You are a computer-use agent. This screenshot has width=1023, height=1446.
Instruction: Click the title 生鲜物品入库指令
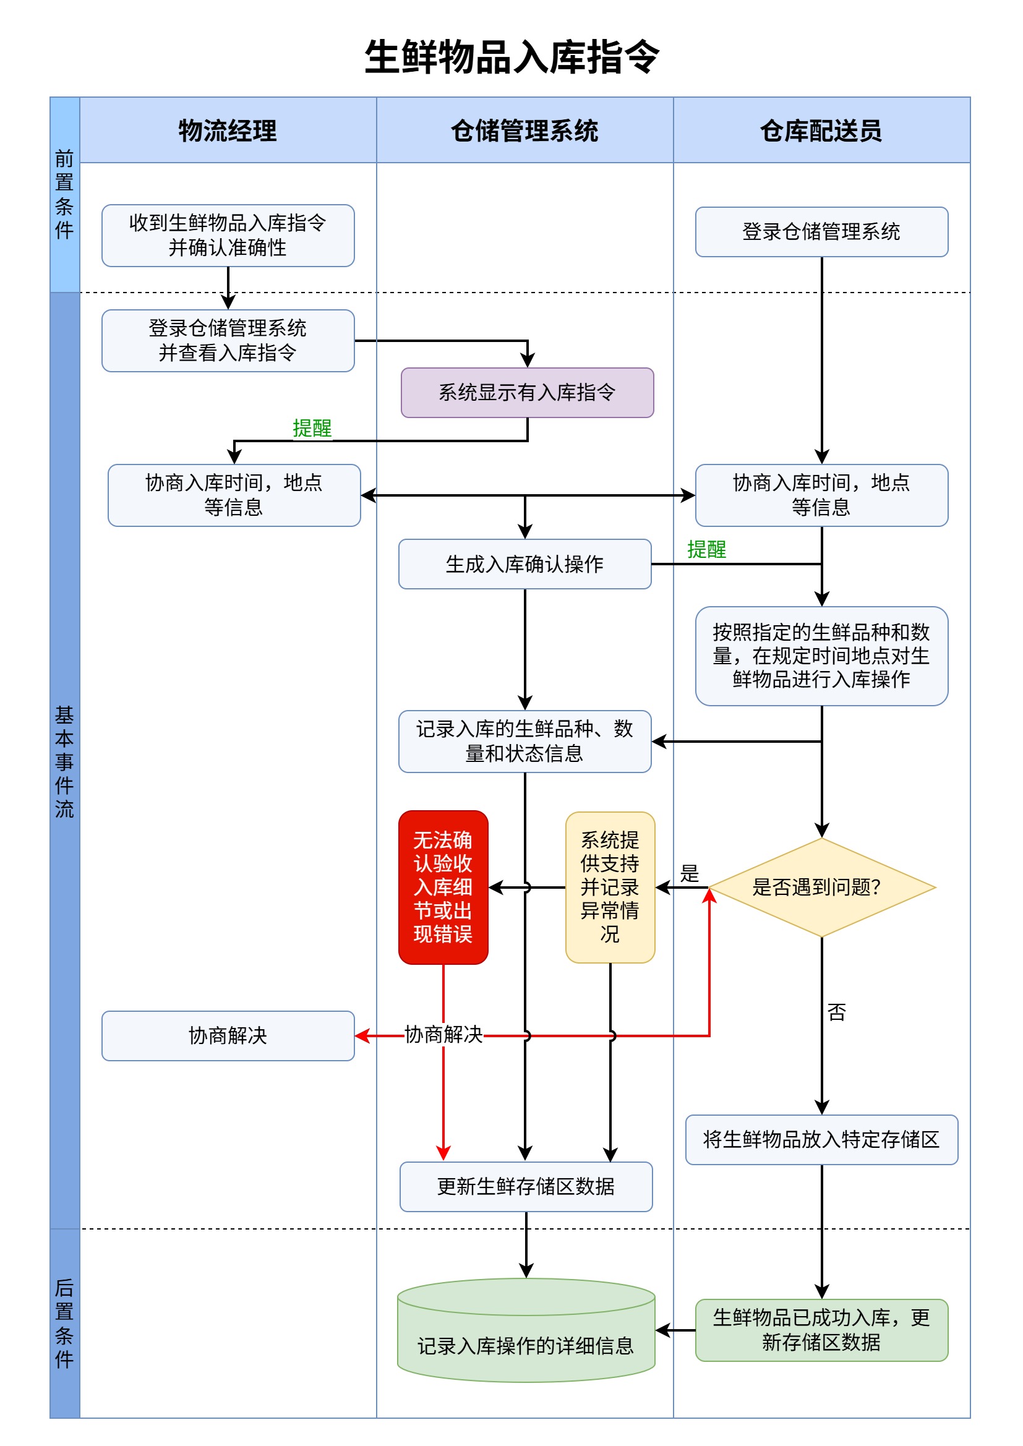(511, 57)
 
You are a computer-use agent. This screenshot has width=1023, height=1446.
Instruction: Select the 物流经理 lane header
(228, 130)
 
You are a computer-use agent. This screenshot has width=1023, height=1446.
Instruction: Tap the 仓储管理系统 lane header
(524, 130)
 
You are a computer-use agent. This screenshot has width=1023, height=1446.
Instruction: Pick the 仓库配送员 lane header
(821, 130)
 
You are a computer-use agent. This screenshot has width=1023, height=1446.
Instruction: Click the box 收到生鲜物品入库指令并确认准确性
(228, 235)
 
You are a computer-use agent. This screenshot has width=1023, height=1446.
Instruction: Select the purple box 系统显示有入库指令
(526, 392)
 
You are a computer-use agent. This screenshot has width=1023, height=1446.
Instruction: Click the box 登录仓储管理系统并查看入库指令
(228, 340)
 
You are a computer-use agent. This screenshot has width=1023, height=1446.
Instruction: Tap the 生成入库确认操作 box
(524, 563)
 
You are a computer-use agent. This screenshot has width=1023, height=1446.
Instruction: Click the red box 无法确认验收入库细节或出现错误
(443, 887)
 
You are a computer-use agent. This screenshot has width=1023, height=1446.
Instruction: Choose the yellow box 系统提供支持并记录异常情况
(610, 887)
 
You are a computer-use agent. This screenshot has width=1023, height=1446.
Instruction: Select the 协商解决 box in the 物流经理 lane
(228, 1035)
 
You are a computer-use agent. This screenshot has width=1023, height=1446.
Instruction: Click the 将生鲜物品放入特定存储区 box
(821, 1139)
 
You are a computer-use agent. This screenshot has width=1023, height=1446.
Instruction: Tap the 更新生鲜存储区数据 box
(525, 1186)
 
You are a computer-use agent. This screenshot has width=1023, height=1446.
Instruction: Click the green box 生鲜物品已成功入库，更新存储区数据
(821, 1330)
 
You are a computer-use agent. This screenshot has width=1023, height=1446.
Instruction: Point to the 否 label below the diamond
(836, 1012)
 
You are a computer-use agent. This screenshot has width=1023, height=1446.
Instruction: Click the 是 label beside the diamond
(689, 873)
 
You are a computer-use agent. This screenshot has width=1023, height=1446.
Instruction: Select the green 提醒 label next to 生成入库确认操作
(706, 549)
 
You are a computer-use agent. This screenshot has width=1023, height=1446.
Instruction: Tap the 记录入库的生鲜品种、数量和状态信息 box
(524, 741)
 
